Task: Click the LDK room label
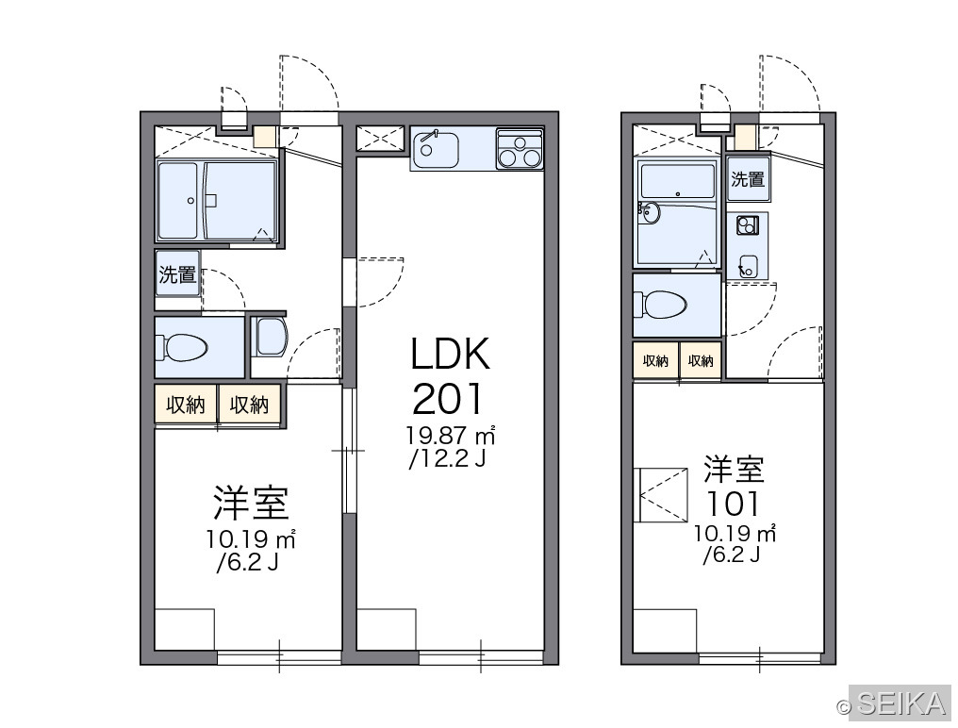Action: click(451, 354)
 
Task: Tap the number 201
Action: click(448, 399)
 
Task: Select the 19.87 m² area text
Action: click(451, 436)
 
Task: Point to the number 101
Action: click(734, 505)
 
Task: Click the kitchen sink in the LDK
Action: click(436, 149)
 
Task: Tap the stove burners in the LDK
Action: click(520, 149)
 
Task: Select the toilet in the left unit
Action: click(182, 347)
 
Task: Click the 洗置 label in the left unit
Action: click(177, 274)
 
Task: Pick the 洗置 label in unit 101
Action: click(748, 179)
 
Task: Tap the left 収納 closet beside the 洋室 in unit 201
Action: click(186, 404)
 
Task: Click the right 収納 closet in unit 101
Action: click(701, 360)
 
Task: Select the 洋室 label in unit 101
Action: click(734, 470)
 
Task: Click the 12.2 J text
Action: click(447, 457)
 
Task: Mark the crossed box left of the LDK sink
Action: click(380, 138)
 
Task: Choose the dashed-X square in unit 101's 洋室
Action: click(661, 494)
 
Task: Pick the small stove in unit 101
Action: click(746, 225)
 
